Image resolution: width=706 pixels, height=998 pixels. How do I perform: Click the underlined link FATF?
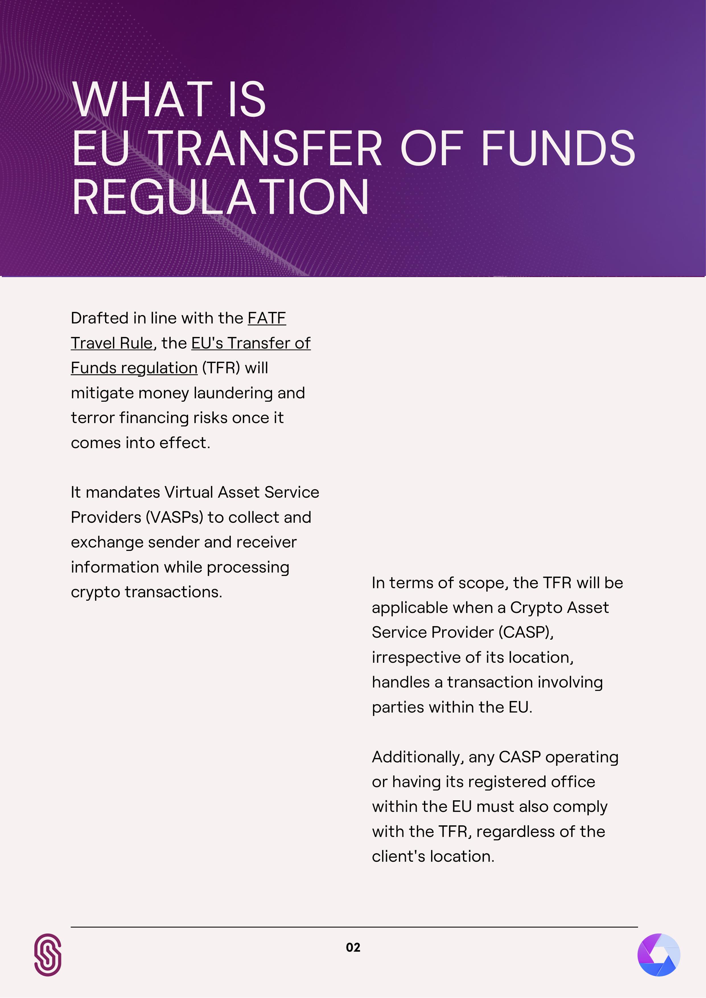267,318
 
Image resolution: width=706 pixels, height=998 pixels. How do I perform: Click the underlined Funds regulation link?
134,368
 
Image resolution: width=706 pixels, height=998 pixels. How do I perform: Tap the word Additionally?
418,757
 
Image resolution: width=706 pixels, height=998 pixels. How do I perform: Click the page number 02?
353,948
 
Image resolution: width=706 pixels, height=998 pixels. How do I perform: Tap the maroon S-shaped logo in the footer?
48,955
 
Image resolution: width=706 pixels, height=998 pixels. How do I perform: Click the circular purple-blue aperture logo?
658,955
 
